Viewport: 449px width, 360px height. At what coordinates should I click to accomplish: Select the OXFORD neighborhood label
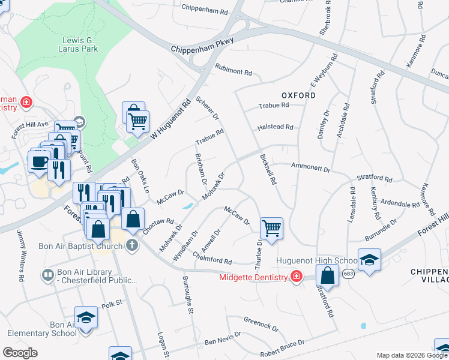click(298, 95)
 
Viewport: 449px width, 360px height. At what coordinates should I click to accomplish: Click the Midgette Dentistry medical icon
click(295, 277)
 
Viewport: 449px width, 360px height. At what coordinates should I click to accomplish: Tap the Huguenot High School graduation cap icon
click(369, 260)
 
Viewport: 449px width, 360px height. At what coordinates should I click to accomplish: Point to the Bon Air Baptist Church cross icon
click(131, 245)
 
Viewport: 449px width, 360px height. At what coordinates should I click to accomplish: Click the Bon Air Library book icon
click(47, 275)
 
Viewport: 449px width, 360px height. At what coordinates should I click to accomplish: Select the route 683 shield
click(349, 273)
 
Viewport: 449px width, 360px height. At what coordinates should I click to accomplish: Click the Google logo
click(20, 353)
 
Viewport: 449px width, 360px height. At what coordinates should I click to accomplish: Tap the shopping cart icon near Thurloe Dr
click(271, 228)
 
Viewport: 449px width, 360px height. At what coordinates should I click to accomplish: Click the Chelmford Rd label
click(212, 258)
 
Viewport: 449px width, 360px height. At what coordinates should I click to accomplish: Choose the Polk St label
click(111, 304)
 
